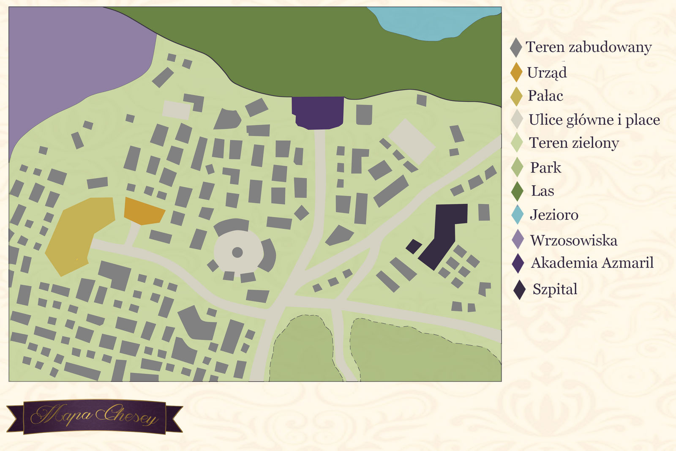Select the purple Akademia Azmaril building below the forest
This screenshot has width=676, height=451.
click(318, 112)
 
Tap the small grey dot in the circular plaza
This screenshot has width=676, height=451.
click(237, 252)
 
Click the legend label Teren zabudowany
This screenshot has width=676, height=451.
click(588, 47)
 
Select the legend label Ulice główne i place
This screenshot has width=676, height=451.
click(594, 120)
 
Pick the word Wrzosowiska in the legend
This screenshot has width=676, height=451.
click(573, 241)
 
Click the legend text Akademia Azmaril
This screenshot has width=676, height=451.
click(592, 263)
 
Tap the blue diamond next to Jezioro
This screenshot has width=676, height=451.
click(517, 215)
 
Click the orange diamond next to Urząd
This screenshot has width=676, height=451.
click(516, 72)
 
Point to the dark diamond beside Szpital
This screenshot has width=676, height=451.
click(519, 290)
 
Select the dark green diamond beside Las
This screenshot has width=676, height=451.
click(517, 191)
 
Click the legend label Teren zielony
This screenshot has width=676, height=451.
click(574, 143)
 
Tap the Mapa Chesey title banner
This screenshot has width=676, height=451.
click(94, 416)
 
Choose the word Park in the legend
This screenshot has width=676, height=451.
click(545, 168)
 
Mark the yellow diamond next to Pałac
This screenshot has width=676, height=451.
click(516, 96)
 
